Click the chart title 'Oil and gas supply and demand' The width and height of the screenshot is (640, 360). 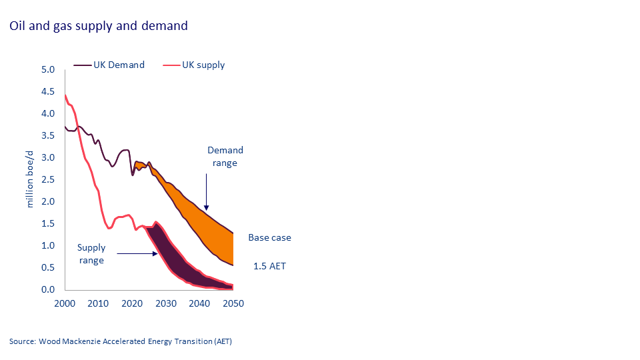click(99, 26)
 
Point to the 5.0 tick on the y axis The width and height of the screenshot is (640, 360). click(47, 69)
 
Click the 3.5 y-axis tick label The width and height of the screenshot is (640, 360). click(47, 135)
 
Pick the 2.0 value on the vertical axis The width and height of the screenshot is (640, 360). click(47, 201)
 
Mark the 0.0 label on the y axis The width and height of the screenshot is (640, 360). click(47, 289)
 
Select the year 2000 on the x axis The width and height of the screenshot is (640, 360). click(65, 303)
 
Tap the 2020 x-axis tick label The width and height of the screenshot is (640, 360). click(132, 303)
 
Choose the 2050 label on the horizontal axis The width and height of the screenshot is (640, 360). click(233, 303)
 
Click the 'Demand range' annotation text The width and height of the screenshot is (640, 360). click(225, 157)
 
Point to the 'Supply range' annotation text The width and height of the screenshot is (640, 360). click(91, 254)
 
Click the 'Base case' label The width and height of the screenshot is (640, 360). click(269, 237)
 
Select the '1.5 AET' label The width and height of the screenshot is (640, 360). click(269, 266)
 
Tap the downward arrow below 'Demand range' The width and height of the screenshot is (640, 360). click(207, 193)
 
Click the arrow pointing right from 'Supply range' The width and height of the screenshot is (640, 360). click(137, 253)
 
